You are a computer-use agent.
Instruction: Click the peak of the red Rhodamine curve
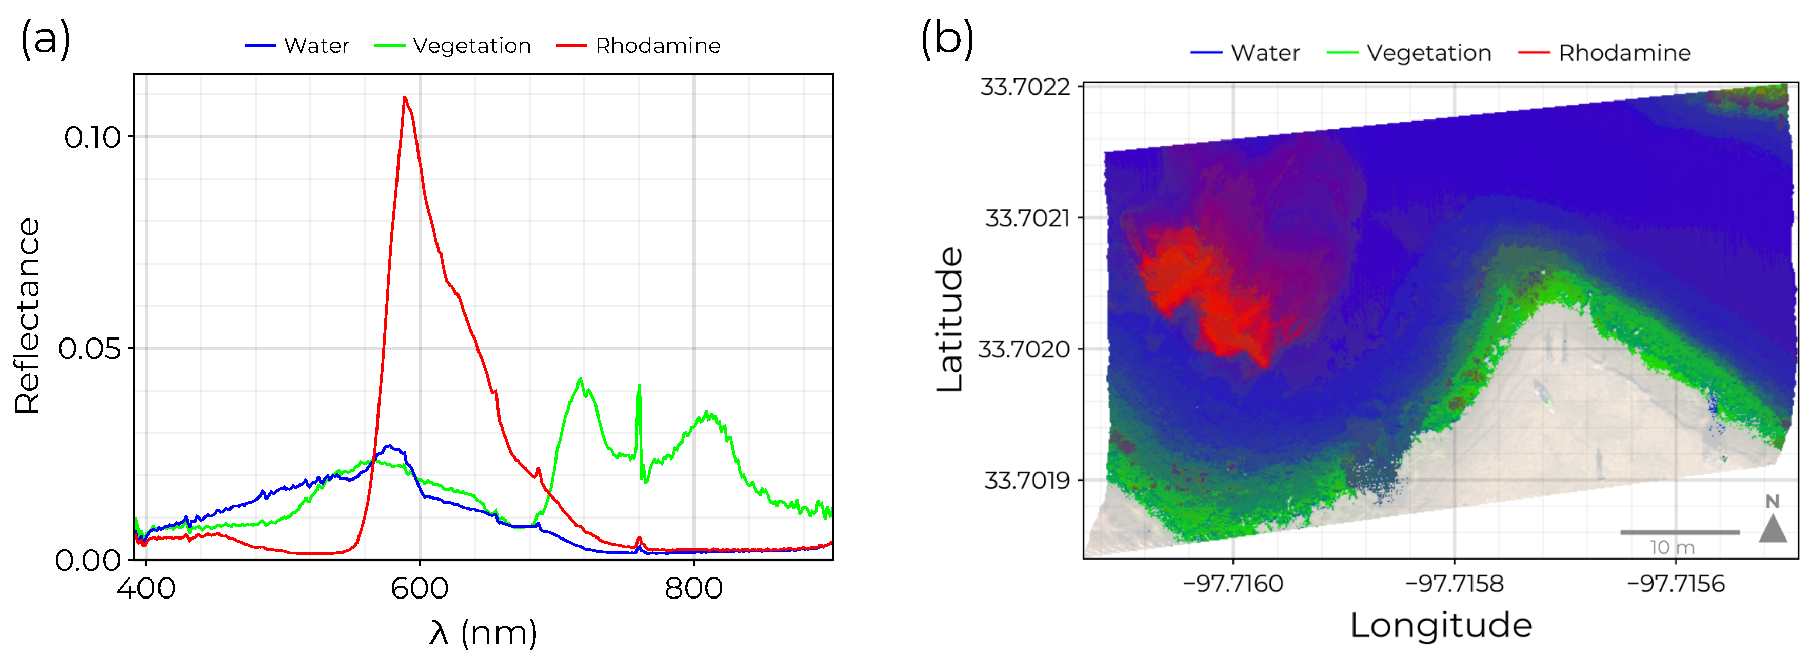pos(404,98)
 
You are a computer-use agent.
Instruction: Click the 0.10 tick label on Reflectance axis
pos(92,137)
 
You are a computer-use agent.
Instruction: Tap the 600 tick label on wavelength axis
pos(420,588)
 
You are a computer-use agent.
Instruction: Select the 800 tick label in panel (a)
pos(693,588)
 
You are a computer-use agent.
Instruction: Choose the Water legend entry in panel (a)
pos(297,46)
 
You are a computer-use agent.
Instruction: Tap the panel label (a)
pos(46,38)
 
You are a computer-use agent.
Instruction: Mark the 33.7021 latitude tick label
pos(1027,218)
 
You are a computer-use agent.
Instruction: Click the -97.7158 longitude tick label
pos(1454,584)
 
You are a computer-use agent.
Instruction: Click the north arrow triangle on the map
pos(1773,529)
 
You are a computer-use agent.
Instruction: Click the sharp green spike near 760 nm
pos(639,386)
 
